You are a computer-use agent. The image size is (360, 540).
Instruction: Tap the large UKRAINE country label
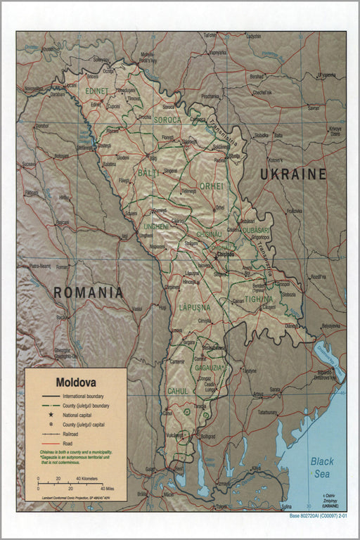pyautogui.click(x=293, y=174)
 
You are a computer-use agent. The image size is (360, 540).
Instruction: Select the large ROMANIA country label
pyautogui.click(x=89, y=292)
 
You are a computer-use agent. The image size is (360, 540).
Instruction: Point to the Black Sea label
pyautogui.click(x=323, y=467)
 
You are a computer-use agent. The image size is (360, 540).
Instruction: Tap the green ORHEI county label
pyautogui.click(x=212, y=186)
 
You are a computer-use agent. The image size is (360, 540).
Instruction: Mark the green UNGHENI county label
pyautogui.click(x=156, y=226)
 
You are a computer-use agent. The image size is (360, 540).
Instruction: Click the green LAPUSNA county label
pyautogui.click(x=195, y=307)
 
